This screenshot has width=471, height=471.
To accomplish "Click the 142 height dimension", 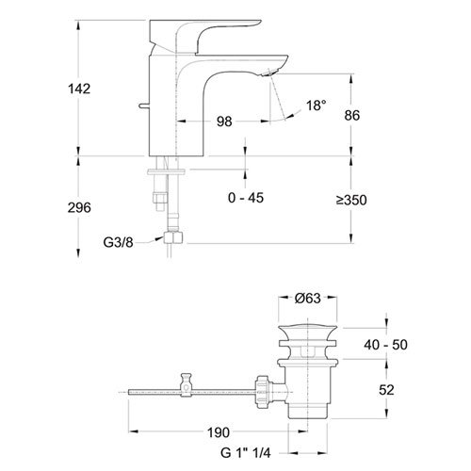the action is [x=79, y=89].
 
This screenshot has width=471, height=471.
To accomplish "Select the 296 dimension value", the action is [x=79, y=207].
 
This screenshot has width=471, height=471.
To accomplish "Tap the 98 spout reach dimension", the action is [x=224, y=122].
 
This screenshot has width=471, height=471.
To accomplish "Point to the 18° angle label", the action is [x=317, y=106].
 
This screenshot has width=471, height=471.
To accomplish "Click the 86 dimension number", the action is [x=351, y=116].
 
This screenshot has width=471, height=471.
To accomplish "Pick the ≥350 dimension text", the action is [x=351, y=200].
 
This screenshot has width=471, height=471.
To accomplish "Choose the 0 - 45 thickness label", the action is [x=246, y=198].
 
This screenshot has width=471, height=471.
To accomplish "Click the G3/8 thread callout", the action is [x=119, y=242].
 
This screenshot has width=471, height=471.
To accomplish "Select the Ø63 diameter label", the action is [x=308, y=299].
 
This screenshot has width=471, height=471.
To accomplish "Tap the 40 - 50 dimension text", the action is [x=386, y=345].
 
